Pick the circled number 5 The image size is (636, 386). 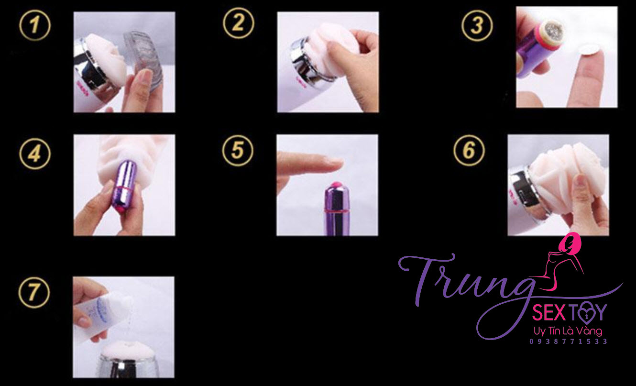(x=237, y=150)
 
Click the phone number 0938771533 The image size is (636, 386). (x=568, y=342)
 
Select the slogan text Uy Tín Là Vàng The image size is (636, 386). (x=568, y=331)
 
